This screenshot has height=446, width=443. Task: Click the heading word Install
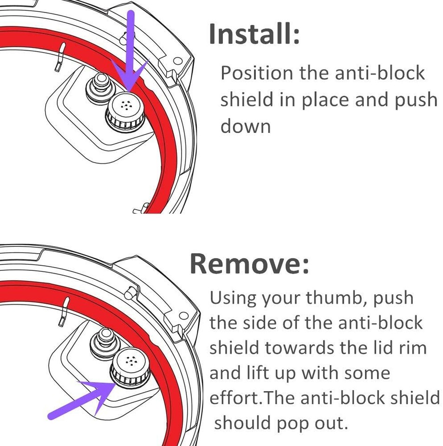pos(254,34)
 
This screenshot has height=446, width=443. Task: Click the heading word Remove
pos(249,264)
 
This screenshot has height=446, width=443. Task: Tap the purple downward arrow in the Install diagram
pos(131,56)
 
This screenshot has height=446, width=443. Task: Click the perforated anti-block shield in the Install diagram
pos(125,111)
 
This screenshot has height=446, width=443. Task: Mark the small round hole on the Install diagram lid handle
pos(176,61)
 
